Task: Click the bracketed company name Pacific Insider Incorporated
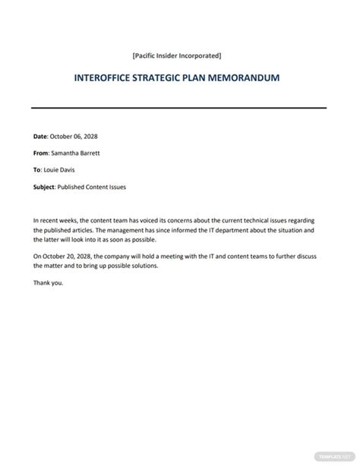click(x=176, y=56)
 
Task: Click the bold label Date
click(x=41, y=137)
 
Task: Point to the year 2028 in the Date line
click(x=90, y=137)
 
